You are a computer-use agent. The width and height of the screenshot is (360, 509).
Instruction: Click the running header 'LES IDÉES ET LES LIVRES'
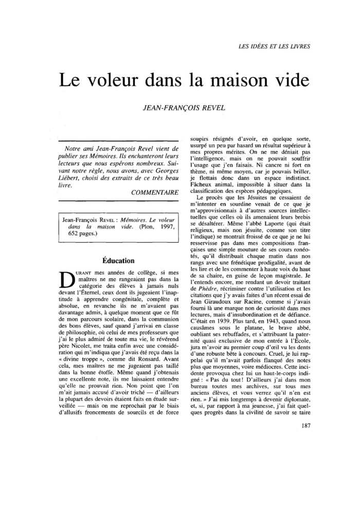[274, 47]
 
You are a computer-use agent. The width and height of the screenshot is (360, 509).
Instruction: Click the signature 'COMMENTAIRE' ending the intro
[155, 192]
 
